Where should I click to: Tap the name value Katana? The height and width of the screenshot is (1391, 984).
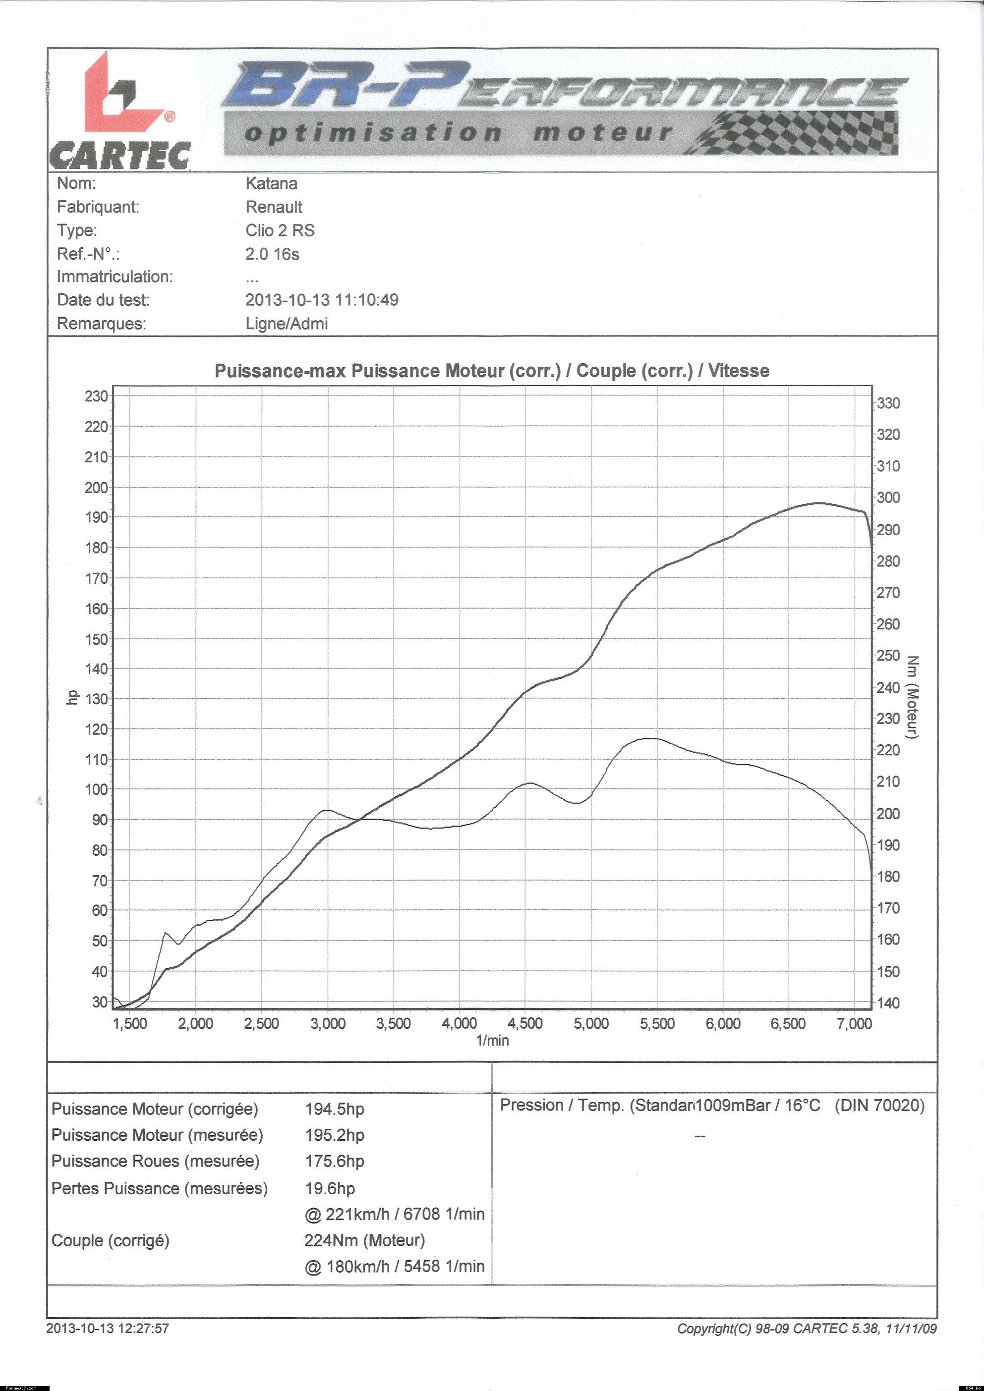(271, 183)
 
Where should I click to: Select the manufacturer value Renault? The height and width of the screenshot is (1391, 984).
(273, 207)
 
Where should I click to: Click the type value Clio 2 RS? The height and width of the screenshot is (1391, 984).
(280, 230)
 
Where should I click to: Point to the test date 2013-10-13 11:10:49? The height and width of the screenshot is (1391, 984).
(321, 300)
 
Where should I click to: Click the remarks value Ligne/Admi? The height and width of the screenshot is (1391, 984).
(286, 324)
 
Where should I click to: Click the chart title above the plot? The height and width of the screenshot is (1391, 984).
(491, 371)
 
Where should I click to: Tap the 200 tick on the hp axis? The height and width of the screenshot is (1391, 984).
(96, 487)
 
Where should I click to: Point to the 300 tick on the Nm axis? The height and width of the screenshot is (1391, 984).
(888, 498)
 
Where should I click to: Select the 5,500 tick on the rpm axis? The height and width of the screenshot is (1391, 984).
(657, 1024)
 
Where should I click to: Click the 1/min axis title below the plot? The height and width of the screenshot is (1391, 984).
(492, 1041)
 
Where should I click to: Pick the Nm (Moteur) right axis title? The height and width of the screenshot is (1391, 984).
(913, 697)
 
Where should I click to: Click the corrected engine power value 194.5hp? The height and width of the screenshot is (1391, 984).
(335, 1110)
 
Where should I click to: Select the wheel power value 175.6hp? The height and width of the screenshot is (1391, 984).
(335, 1162)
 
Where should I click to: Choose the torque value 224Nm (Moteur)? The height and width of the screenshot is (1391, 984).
(364, 1240)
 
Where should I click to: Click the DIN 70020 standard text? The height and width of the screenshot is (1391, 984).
(879, 1106)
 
